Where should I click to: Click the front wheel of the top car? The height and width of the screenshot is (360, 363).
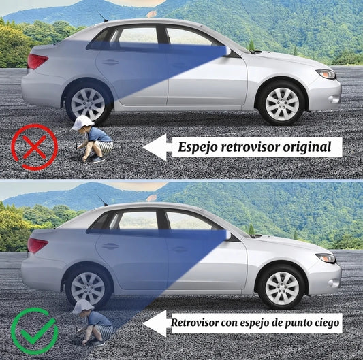click(282, 104)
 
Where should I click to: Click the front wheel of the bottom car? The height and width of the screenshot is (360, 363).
click(282, 288)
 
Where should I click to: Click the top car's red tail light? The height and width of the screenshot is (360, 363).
click(37, 61)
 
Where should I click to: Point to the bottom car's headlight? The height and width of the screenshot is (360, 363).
click(326, 258)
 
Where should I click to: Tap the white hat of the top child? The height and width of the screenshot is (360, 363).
click(82, 123)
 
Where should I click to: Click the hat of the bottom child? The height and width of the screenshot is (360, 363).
click(83, 307)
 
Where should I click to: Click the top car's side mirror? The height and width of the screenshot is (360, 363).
click(227, 51)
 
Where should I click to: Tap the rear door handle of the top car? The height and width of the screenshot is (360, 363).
click(110, 62)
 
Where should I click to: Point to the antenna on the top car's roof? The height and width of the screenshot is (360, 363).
click(103, 17)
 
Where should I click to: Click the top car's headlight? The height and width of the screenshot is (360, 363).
click(326, 74)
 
